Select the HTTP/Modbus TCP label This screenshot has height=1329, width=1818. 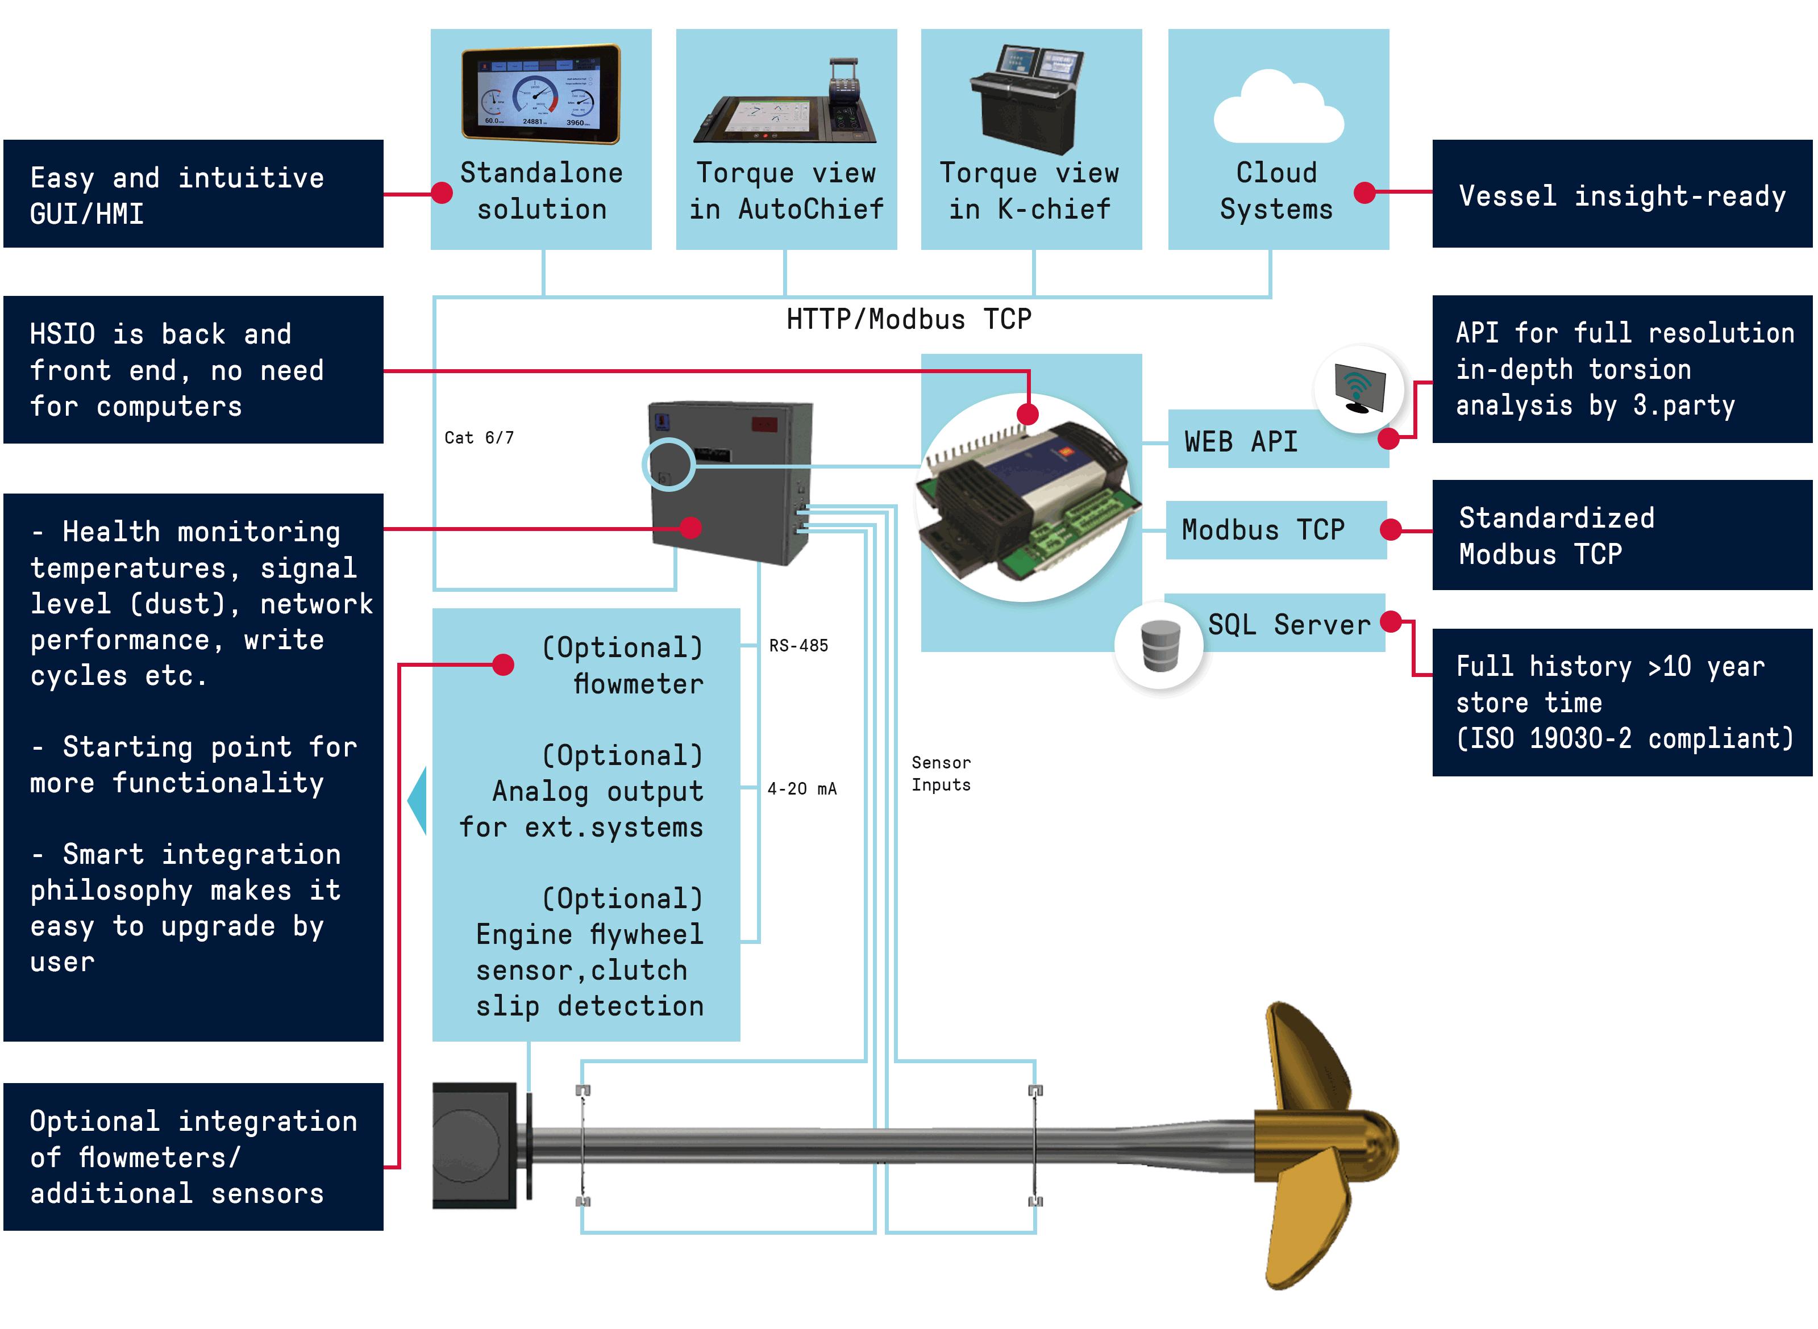pyautogui.click(x=909, y=319)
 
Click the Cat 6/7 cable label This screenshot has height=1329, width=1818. pyautogui.click(x=479, y=438)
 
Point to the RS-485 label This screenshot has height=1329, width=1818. pyautogui.click(x=798, y=645)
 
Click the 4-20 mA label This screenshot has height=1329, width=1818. pyautogui.click(x=801, y=788)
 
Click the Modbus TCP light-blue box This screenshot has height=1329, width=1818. pyautogui.click(x=1276, y=530)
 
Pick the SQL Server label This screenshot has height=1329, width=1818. pyautogui.click(x=1288, y=624)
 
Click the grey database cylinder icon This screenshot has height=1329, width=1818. pyautogui.click(x=1160, y=645)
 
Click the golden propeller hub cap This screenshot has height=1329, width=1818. pyautogui.click(x=1368, y=1147)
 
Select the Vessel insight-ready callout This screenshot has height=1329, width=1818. pyautogui.click(x=1621, y=194)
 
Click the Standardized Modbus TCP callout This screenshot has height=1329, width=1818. pyautogui.click(x=1621, y=535)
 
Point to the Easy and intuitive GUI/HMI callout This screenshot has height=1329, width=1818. pyautogui.click(x=193, y=194)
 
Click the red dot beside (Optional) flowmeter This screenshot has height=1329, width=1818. pyautogui.click(x=503, y=664)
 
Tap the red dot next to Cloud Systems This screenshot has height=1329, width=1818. pyautogui.click(x=1364, y=193)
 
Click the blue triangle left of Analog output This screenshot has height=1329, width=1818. pyautogui.click(x=417, y=800)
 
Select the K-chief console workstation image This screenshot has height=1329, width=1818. pyautogui.click(x=1027, y=99)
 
